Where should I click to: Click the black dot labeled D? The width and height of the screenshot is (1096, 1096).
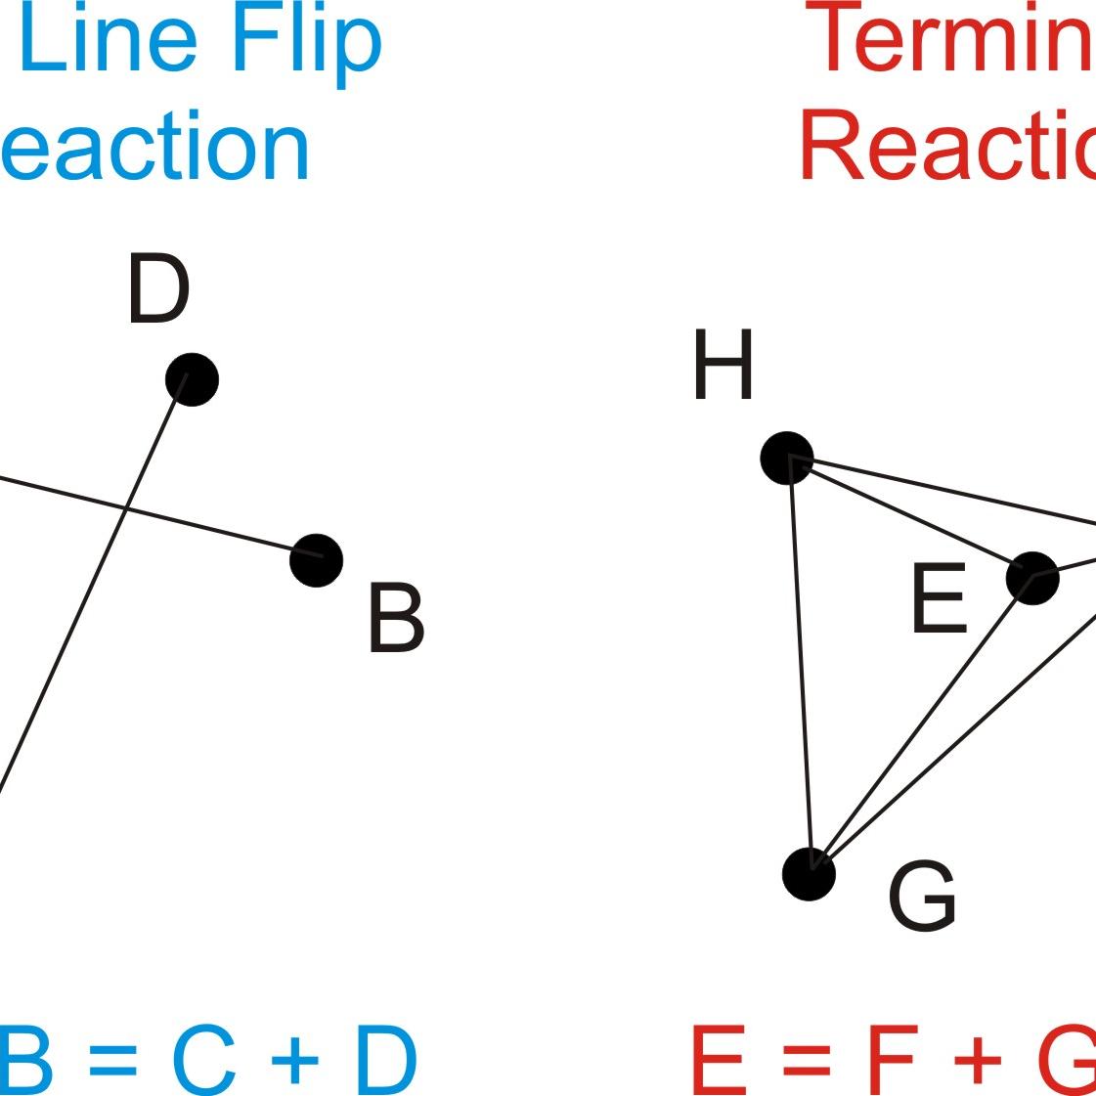192,379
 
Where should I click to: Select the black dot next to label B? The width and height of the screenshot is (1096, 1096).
317,560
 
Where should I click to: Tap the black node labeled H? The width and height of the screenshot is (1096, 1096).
787,458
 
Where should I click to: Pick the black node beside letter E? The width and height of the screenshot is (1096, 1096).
1032,578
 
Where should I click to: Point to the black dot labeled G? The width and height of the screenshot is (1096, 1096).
810,873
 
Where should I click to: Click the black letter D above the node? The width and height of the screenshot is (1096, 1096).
157,289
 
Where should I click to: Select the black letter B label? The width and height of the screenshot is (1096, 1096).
396,618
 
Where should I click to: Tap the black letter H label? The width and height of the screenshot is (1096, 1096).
723,365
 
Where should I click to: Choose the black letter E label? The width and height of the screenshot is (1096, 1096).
939,599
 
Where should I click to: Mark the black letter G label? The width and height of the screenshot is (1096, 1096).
922,897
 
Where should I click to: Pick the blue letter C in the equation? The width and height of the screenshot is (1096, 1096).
203,1060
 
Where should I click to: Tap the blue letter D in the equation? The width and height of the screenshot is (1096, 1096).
384,1060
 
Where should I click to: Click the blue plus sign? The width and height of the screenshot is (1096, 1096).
294,1062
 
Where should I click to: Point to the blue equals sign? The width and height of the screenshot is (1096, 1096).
113,1062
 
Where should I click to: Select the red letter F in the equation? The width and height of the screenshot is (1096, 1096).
891,1060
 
